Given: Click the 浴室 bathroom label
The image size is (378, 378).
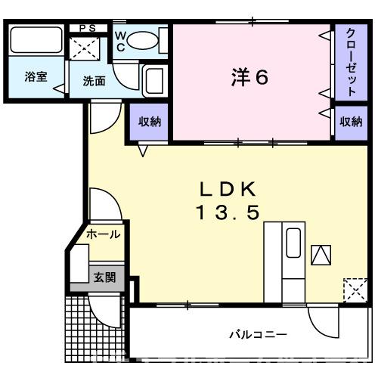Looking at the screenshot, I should [35, 76].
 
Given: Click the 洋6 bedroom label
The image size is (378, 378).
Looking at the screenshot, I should [249, 77].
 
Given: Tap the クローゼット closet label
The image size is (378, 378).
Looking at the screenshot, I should [352, 62].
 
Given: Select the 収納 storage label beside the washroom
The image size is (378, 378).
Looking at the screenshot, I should [150, 121].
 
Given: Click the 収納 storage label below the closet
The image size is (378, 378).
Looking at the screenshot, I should [351, 121].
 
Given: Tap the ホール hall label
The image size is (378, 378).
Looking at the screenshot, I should [104, 234].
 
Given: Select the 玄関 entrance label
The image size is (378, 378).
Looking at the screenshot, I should [104, 277].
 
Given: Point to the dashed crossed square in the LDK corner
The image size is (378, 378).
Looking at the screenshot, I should [353, 290].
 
